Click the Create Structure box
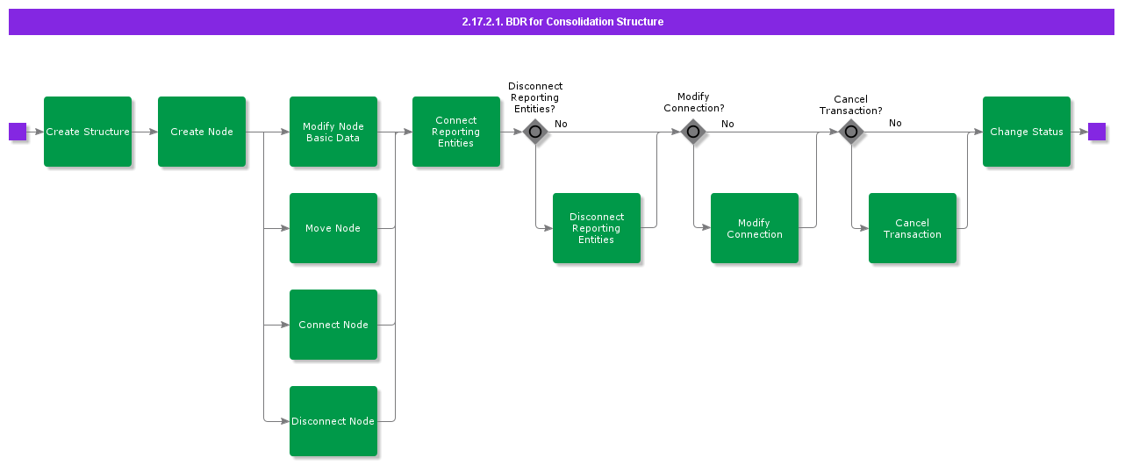click(88, 132)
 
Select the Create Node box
click(202, 132)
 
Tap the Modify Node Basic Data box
click(333, 132)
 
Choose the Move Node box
click(333, 228)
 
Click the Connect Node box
click(333, 325)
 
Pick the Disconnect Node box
click(333, 421)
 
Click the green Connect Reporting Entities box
click(456, 132)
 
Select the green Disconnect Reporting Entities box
click(597, 228)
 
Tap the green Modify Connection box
click(755, 228)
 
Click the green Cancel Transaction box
click(913, 228)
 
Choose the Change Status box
click(1027, 132)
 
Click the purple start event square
click(18, 132)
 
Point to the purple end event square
click(1097, 132)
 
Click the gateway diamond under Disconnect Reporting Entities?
click(535, 132)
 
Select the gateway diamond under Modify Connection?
click(693, 132)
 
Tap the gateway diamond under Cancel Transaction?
click(851, 132)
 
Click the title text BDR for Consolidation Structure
click(562, 22)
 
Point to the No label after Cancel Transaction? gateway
click(895, 123)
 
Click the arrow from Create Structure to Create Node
click(145, 132)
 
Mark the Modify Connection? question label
click(693, 103)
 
